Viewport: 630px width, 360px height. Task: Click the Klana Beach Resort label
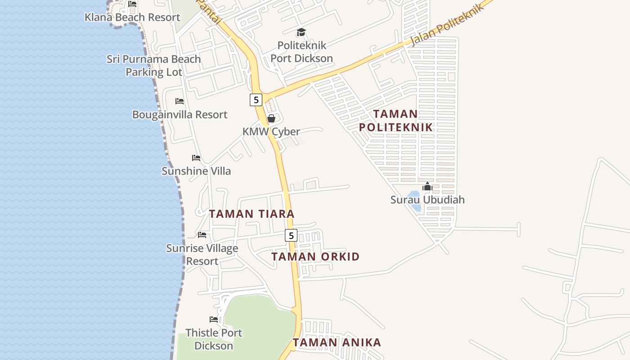tap(132, 18)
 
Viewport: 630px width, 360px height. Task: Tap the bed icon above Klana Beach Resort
tap(132, 4)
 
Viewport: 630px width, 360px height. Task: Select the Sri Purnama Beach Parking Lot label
tap(153, 66)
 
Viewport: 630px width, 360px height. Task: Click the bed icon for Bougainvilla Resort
tap(180, 101)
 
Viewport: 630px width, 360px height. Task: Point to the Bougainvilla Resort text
tap(180, 115)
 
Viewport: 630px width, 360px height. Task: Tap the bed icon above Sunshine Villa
tap(196, 158)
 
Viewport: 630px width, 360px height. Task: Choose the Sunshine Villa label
tap(196, 171)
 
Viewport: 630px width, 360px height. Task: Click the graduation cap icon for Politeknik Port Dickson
tap(301, 32)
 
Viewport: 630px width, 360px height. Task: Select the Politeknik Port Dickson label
tap(301, 52)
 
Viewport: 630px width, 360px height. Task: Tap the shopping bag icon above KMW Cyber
tap(271, 118)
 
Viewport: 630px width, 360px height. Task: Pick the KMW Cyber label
tap(271, 132)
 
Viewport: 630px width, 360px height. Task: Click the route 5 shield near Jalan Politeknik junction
tap(256, 100)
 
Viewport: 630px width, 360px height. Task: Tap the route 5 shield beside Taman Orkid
tap(291, 235)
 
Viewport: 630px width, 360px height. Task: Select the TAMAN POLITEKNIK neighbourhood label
tap(396, 121)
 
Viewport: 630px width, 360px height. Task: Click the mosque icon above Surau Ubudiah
tap(427, 186)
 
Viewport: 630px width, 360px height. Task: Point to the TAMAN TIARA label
tap(252, 214)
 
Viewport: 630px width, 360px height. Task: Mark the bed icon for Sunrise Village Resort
tap(202, 235)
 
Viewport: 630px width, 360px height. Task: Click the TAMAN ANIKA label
tap(337, 342)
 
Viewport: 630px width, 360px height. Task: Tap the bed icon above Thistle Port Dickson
tap(214, 319)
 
